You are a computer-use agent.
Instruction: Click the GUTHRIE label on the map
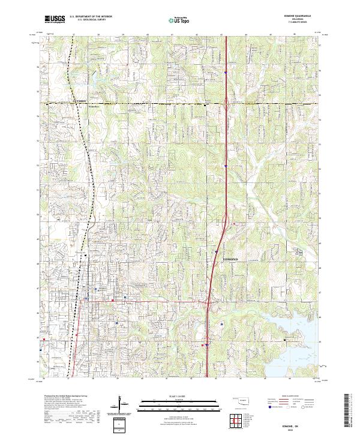[x=79, y=101]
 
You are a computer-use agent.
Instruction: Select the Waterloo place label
[x=93, y=106]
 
